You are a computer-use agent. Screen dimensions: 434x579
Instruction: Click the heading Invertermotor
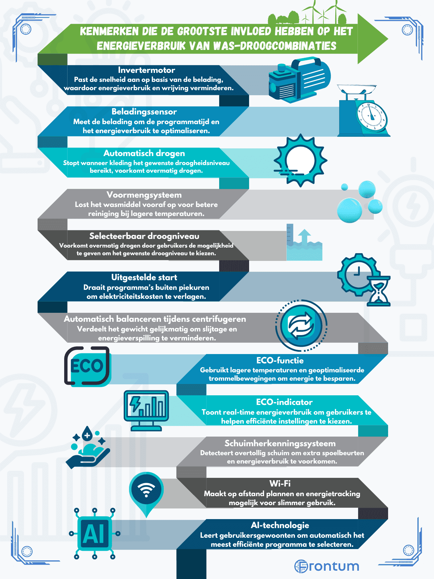point(146,70)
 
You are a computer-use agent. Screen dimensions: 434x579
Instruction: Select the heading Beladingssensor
point(144,112)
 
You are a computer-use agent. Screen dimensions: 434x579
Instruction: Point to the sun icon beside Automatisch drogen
point(300,160)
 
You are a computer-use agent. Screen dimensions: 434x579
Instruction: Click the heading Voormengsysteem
point(144,195)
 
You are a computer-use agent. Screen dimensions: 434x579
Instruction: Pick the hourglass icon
point(378,290)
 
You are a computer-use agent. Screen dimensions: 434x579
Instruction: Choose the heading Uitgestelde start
point(144,278)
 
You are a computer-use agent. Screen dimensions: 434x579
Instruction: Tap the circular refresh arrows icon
point(301,325)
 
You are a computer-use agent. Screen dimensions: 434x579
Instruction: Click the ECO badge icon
point(87,366)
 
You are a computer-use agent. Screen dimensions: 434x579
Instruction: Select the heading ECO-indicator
point(284,402)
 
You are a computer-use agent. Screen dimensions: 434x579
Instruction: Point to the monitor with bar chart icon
point(146,411)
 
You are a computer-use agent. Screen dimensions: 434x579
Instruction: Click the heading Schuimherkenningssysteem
point(280,444)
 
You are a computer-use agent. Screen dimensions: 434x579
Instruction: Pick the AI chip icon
point(95,534)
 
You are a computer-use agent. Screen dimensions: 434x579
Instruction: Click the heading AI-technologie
point(280,525)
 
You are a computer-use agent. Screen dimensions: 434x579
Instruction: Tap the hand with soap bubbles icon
point(88,447)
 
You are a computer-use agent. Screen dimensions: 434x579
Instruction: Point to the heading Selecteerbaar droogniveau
point(144,236)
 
